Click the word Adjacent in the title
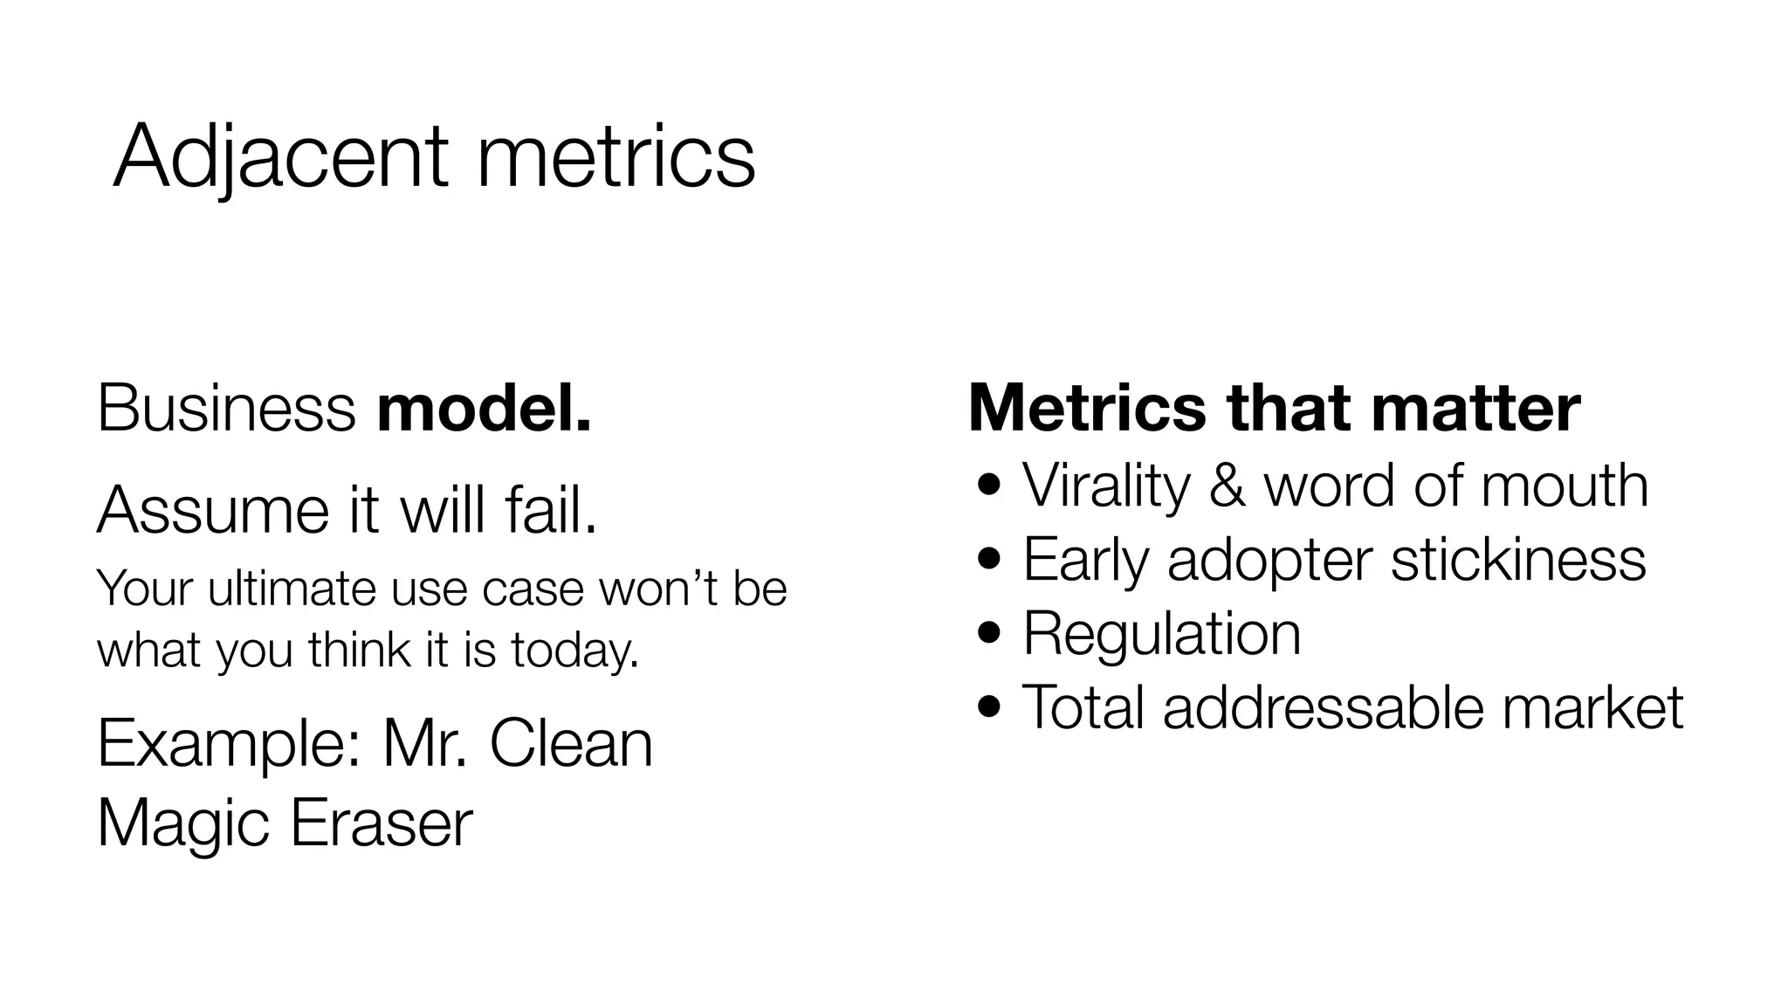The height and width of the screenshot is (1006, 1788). [281, 157]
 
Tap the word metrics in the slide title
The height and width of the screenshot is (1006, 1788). [615, 157]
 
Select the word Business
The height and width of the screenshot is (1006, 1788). [226, 407]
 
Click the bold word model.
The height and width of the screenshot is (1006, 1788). [484, 407]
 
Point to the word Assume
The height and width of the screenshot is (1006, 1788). [213, 510]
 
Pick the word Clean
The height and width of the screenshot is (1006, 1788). [571, 744]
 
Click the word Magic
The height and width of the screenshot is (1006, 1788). [182, 823]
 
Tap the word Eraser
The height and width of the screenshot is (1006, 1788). [381, 823]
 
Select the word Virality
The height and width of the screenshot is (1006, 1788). [1106, 485]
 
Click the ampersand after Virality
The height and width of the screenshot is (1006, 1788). [1228, 486]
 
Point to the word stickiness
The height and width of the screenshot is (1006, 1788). [1518, 559]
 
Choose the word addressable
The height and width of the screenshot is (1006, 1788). [1323, 706]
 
